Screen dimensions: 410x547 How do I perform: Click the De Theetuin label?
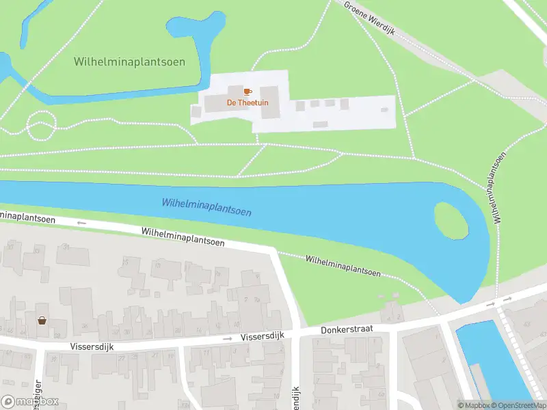pos(248,102)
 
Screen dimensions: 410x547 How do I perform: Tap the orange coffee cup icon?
pos(248,91)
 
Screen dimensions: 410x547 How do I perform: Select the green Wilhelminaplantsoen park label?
pos(129,61)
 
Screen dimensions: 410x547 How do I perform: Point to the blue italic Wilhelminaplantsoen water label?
pos(206,206)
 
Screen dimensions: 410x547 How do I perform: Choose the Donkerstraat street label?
pos(347,330)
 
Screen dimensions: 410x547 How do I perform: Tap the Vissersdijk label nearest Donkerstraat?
pos(263,338)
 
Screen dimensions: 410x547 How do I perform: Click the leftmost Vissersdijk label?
pos(92,346)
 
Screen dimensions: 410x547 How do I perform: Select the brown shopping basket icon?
pos(42,320)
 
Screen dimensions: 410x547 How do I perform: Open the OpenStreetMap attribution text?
pos(512,405)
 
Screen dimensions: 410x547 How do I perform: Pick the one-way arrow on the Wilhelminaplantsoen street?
pos(81,223)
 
